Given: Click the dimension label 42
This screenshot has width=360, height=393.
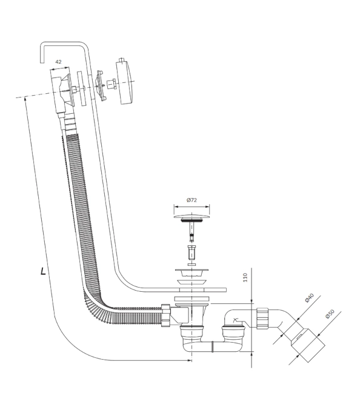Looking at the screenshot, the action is coord(58,62).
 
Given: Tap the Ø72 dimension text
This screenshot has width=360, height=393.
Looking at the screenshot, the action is coord(192,200).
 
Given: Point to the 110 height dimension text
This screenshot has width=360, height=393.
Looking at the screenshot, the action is coord(245,277).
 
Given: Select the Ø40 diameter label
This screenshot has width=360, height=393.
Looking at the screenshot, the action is coord(309,298).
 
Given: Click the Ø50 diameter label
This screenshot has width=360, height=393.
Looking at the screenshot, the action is coord(330,314).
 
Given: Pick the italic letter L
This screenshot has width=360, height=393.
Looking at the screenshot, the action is coord(43,271).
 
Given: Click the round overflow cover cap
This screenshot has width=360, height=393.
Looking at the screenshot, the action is coord(124,81).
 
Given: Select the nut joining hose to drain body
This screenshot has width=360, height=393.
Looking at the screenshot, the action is coord(166,315).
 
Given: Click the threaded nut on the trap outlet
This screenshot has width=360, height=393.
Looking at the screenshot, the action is coord(262,318).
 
